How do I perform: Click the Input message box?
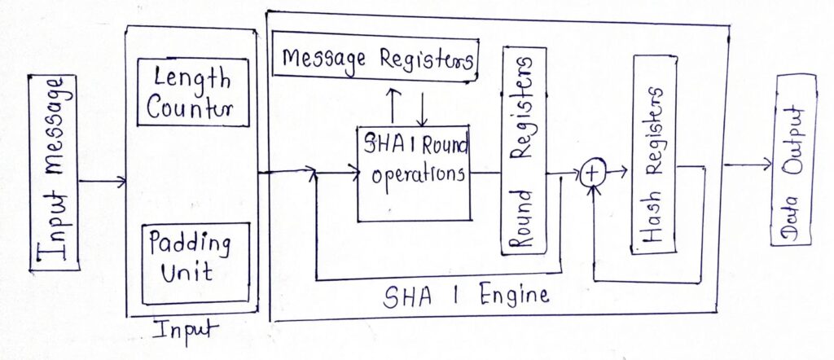(54, 173)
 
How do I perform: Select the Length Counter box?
(192, 92)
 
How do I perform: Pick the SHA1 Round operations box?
(414, 173)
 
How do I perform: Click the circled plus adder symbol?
(593, 173)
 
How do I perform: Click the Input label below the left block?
(185, 330)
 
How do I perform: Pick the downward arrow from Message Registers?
(422, 105)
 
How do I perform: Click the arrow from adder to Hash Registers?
(617, 171)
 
